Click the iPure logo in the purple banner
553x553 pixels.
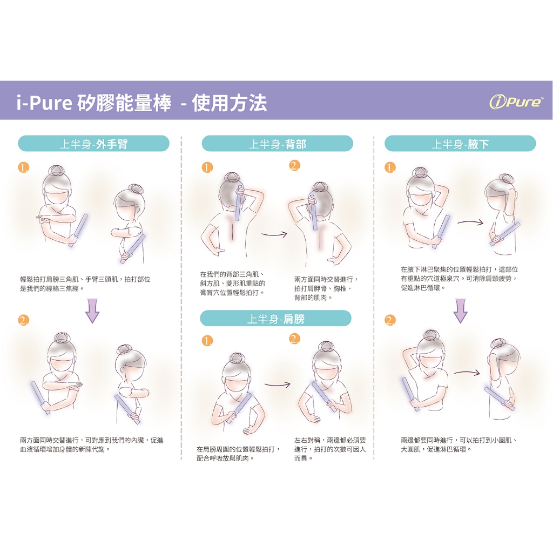click(x=516, y=101)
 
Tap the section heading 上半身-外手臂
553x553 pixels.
click(x=94, y=144)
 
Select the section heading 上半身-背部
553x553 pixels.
click(x=277, y=144)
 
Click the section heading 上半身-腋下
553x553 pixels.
click(x=460, y=144)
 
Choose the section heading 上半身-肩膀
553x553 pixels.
click(x=275, y=319)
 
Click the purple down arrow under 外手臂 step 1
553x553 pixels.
click(x=93, y=311)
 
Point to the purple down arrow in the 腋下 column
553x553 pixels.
click(x=460, y=311)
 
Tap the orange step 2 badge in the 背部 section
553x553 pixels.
click(x=295, y=165)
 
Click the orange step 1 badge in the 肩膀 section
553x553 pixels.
click(x=207, y=341)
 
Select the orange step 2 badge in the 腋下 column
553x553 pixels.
click(x=390, y=320)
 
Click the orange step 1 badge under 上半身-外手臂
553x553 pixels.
click(x=24, y=167)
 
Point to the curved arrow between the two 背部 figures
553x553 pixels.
click(x=275, y=234)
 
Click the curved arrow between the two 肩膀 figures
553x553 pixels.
click(x=278, y=384)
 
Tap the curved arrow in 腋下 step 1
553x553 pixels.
click(x=470, y=222)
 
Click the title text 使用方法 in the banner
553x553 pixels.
click(x=230, y=103)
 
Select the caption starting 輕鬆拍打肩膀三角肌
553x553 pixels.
click(x=85, y=284)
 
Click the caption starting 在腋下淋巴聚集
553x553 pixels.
click(x=459, y=279)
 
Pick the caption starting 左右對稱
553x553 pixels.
click(x=330, y=449)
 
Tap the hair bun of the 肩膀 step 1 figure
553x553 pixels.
click(x=236, y=359)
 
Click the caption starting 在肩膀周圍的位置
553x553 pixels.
click(x=239, y=454)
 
